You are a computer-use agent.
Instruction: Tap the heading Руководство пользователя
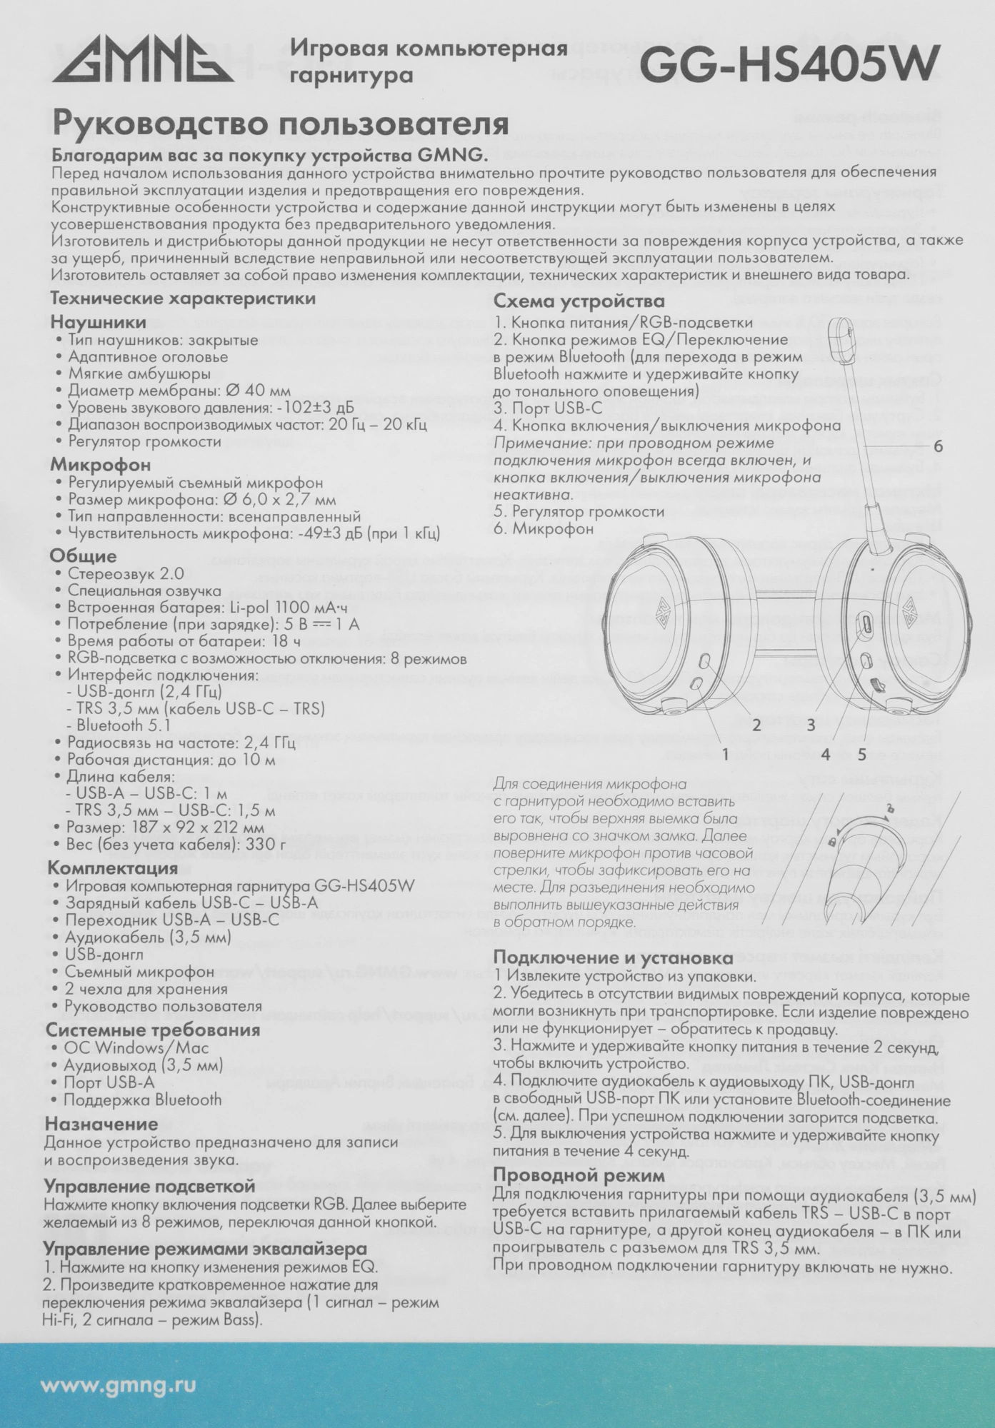(x=279, y=124)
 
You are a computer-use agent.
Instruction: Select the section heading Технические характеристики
(x=182, y=298)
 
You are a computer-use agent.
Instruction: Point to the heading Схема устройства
(x=579, y=301)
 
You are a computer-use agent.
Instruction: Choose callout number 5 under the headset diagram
(x=861, y=754)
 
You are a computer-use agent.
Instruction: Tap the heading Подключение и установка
(x=613, y=957)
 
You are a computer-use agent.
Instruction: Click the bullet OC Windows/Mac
(x=137, y=1048)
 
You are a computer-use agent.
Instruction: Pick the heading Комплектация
(x=112, y=868)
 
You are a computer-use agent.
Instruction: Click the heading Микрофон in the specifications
(x=100, y=465)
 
